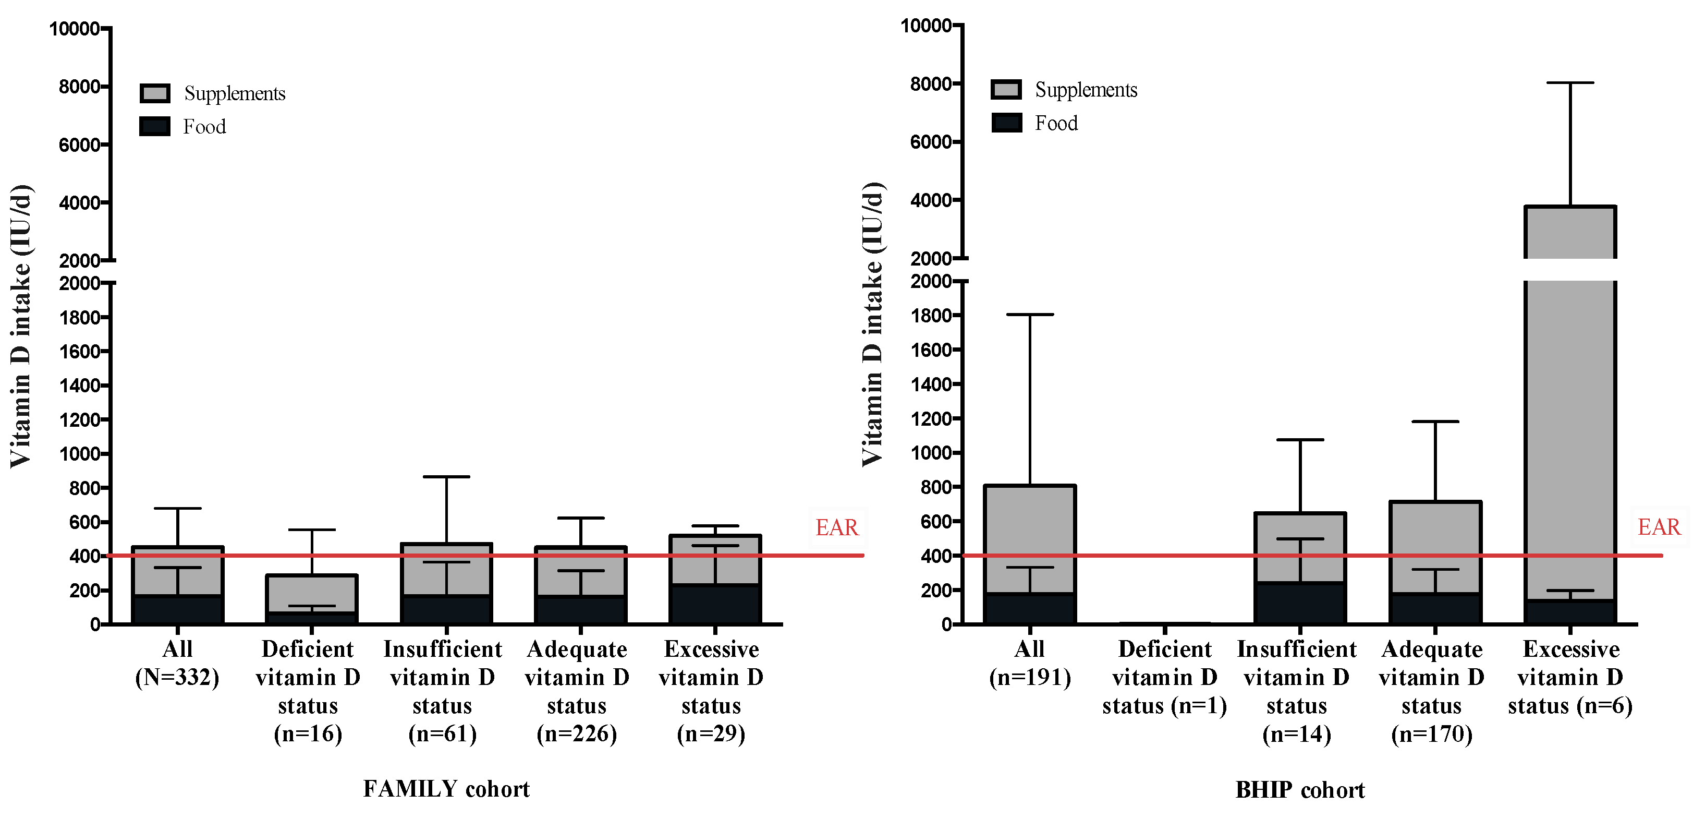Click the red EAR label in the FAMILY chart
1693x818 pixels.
(x=837, y=527)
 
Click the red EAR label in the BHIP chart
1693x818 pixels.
(x=1658, y=527)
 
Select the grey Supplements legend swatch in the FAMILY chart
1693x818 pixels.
(x=155, y=93)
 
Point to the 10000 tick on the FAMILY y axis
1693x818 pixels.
(x=74, y=29)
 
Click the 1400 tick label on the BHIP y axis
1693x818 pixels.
(x=931, y=384)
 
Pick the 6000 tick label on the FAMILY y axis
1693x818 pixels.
(x=79, y=145)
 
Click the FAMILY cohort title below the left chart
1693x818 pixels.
(x=446, y=788)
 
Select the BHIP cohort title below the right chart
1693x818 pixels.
(x=1299, y=790)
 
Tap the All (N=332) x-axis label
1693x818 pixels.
(x=177, y=663)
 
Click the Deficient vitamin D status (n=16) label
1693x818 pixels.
(x=308, y=691)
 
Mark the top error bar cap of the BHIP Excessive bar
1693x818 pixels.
(x=1570, y=83)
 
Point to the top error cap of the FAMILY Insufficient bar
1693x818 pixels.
(x=446, y=477)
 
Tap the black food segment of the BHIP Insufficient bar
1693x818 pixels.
(x=1299, y=603)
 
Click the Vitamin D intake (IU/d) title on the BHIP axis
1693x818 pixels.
(x=873, y=324)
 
